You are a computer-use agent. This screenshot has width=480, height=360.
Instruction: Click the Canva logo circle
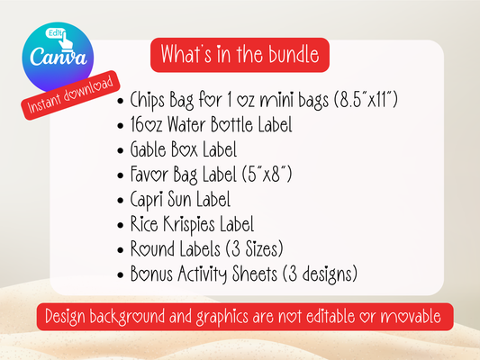[58, 58]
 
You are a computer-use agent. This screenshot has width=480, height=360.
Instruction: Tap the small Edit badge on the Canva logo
[55, 33]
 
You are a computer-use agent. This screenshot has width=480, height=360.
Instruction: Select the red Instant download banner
[70, 95]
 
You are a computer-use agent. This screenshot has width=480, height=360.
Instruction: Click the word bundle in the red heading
[294, 54]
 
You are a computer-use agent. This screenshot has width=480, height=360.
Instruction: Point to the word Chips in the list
[148, 100]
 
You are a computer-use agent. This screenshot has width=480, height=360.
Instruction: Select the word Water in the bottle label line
[186, 125]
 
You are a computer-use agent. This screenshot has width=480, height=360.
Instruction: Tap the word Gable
[149, 149]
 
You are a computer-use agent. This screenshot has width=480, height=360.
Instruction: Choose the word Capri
[146, 200]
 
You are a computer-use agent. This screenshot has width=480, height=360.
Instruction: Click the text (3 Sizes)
[254, 249]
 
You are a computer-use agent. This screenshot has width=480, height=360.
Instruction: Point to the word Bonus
[151, 274]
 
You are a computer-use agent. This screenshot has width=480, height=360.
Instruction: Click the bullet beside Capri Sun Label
[121, 201]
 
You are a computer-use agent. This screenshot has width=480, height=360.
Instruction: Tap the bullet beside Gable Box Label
[121, 150]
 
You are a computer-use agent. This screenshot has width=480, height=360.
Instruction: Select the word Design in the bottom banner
[65, 317]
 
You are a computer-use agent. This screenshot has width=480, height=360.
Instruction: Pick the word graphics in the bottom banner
[222, 317]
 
